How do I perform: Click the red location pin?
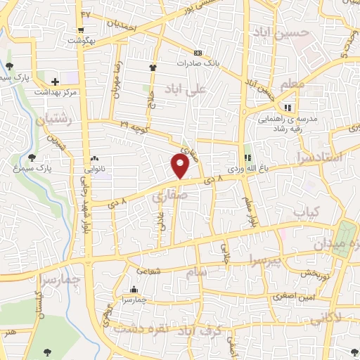(x=181, y=166)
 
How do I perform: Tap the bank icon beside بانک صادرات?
(x=198, y=53)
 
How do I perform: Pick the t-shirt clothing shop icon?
(x=152, y=67)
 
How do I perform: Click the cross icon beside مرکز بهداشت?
(x=55, y=82)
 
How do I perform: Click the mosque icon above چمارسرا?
(x=134, y=290)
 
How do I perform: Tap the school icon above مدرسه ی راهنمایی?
(x=287, y=108)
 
